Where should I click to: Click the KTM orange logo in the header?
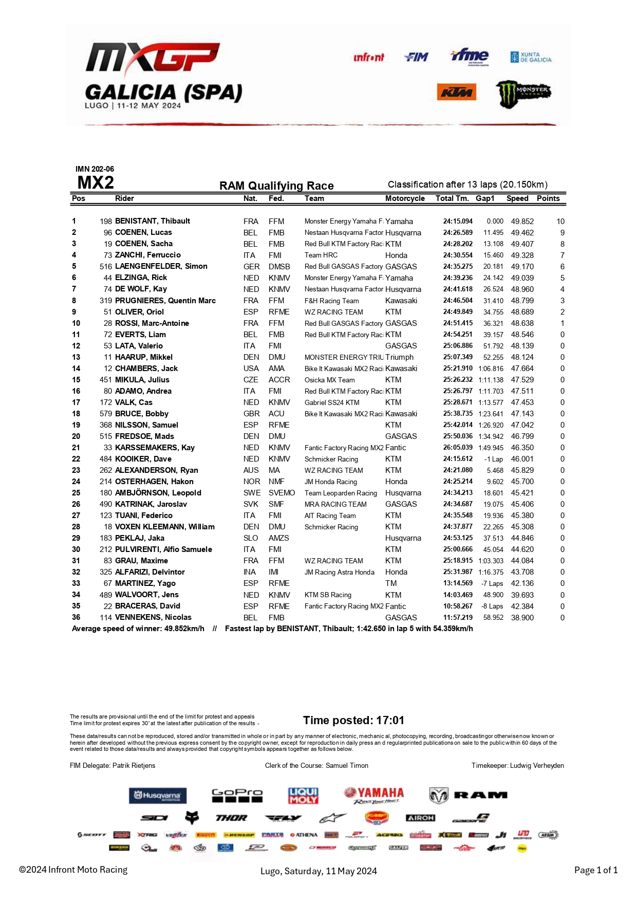click(x=457, y=93)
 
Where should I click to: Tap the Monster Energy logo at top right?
click(x=522, y=94)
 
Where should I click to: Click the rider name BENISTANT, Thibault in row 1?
click(x=153, y=221)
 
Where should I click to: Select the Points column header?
click(x=548, y=198)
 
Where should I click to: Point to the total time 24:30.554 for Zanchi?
click(x=458, y=255)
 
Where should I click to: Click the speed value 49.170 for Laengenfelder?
click(x=522, y=266)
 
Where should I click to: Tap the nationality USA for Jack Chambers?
click(x=251, y=369)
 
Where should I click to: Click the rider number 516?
click(x=106, y=266)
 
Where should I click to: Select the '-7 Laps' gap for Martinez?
click(x=492, y=583)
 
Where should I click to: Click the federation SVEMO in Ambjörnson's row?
click(x=282, y=493)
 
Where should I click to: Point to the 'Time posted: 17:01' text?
click(x=353, y=720)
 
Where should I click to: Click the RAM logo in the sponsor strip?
click(x=468, y=795)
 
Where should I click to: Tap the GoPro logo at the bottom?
click(x=237, y=795)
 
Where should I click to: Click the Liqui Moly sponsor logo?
click(x=303, y=796)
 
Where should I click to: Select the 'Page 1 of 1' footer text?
click(x=595, y=870)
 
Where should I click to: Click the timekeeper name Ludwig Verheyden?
click(x=537, y=765)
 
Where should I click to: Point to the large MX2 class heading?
click(x=96, y=182)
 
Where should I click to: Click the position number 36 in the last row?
click(x=76, y=617)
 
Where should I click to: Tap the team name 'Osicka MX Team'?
click(x=329, y=380)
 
